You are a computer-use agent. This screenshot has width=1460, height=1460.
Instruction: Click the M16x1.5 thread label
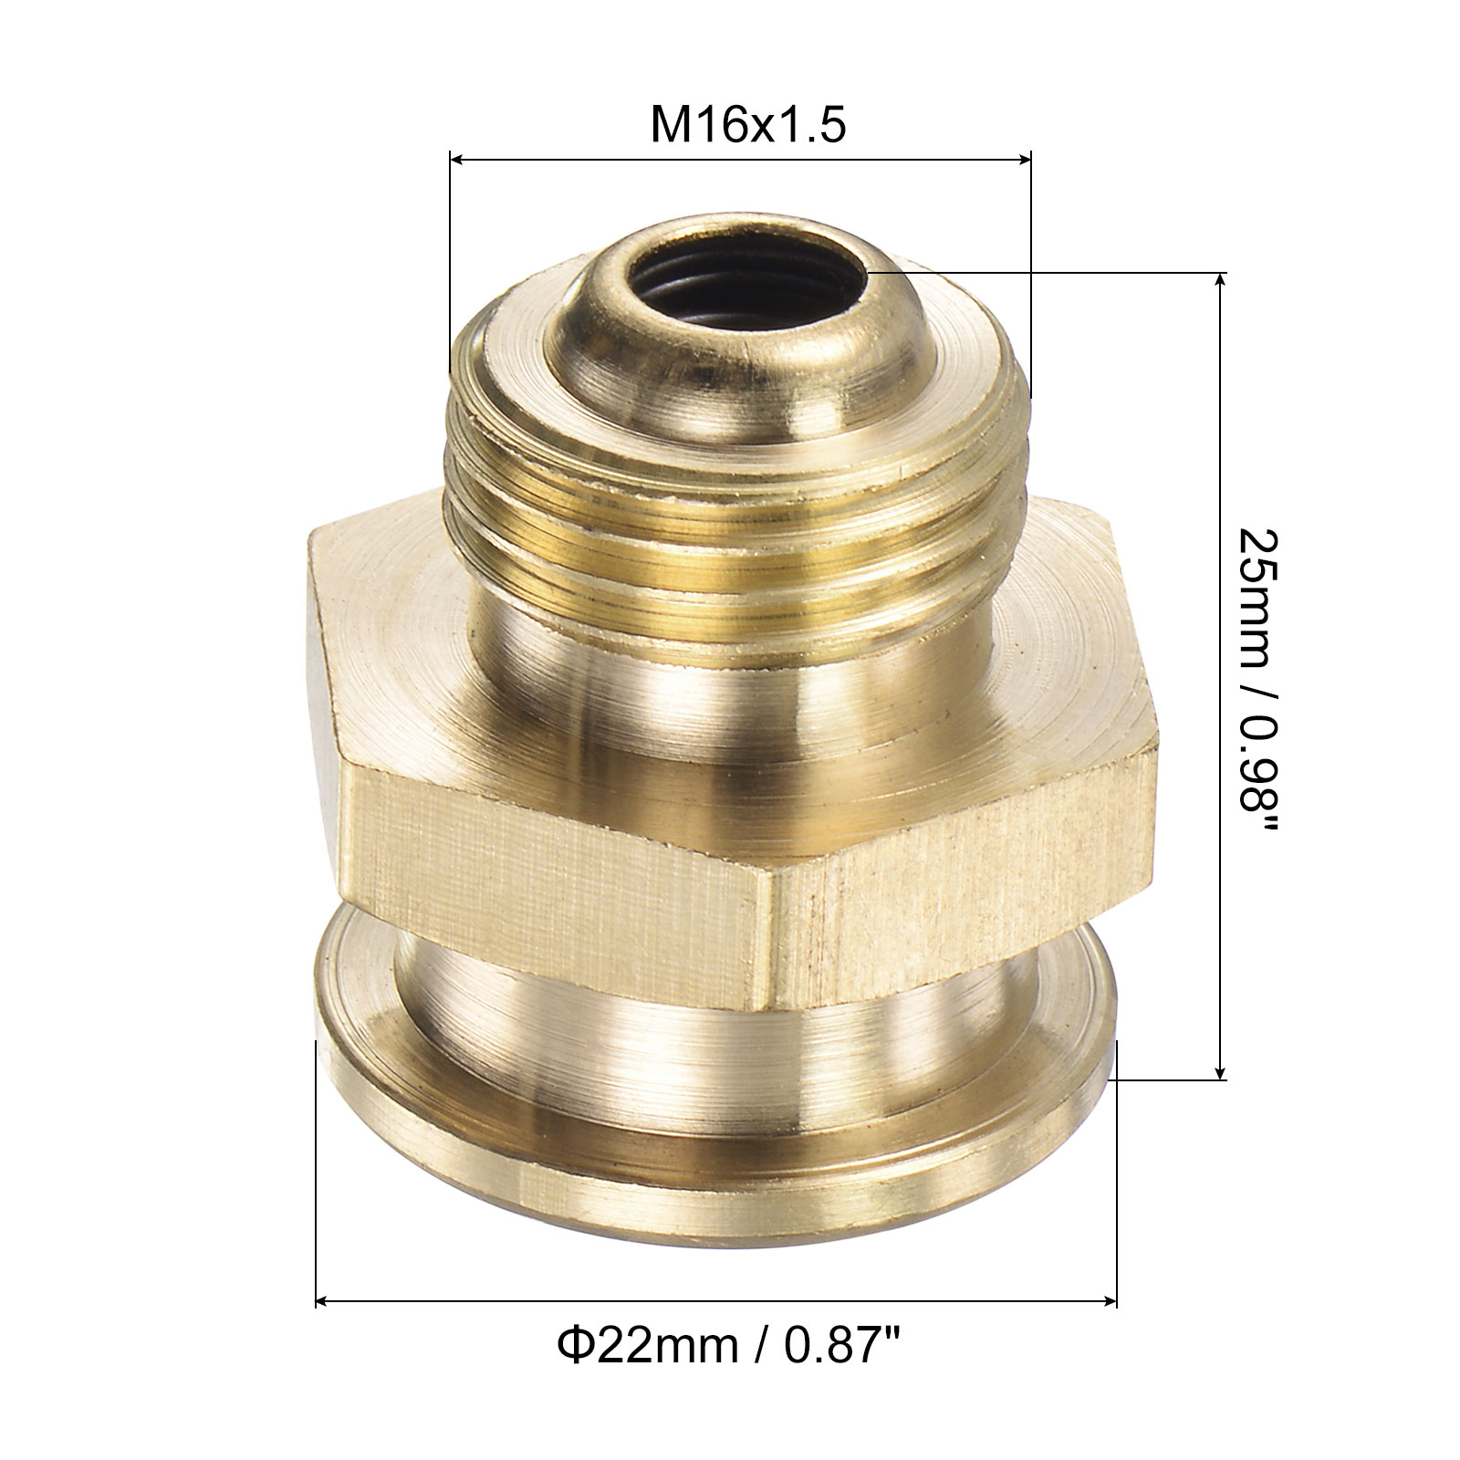click(x=747, y=127)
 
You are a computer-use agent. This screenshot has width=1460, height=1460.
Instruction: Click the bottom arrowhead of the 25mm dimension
click(x=1221, y=1071)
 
